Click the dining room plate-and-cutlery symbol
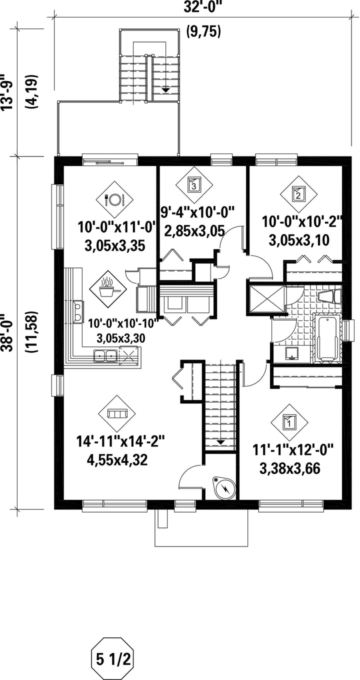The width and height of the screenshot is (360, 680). click(x=114, y=199)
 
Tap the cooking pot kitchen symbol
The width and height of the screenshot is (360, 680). click(x=108, y=288)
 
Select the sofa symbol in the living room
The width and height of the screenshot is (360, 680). click(x=117, y=413)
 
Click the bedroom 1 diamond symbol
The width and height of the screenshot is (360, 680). click(x=289, y=422)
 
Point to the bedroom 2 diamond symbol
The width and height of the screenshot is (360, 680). click(x=298, y=194)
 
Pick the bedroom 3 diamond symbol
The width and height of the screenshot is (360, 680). click(x=194, y=184)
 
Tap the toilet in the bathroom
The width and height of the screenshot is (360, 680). click(x=329, y=296)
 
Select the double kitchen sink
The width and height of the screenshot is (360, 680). click(x=105, y=355)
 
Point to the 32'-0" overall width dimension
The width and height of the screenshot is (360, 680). click(x=203, y=6)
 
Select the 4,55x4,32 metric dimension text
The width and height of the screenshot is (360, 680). click(x=117, y=460)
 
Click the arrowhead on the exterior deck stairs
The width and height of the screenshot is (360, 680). click(x=165, y=90)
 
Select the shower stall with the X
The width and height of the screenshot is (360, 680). click(x=266, y=298)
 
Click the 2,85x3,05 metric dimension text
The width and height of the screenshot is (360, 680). click(x=194, y=232)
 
